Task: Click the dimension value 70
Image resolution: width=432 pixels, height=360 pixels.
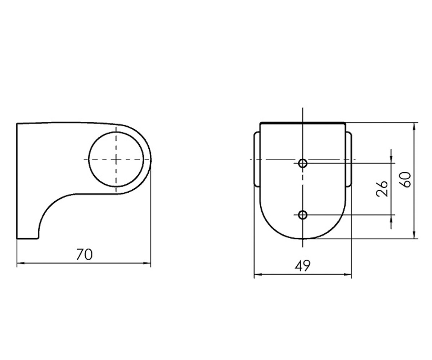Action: click(84, 254)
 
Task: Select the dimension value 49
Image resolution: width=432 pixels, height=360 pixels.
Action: click(302, 266)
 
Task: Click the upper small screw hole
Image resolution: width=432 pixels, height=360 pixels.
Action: click(303, 163)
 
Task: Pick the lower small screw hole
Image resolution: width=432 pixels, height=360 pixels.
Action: click(303, 215)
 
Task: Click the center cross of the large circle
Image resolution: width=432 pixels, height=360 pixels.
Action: click(116, 159)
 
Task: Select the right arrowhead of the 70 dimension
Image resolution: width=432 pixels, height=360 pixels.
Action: click(147, 263)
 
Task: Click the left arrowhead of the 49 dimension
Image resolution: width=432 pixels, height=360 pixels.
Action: click(258, 275)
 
